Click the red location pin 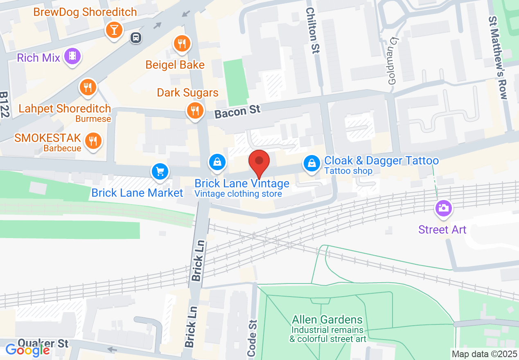(259, 161)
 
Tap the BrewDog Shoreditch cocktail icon (114, 30)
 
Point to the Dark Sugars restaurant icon (195, 110)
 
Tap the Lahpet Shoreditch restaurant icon (87, 87)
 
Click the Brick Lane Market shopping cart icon (160, 171)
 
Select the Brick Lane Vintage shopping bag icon (217, 162)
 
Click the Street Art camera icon (442, 208)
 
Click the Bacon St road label (237, 111)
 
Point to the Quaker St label (43, 343)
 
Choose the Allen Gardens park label (327, 319)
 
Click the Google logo (27, 350)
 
